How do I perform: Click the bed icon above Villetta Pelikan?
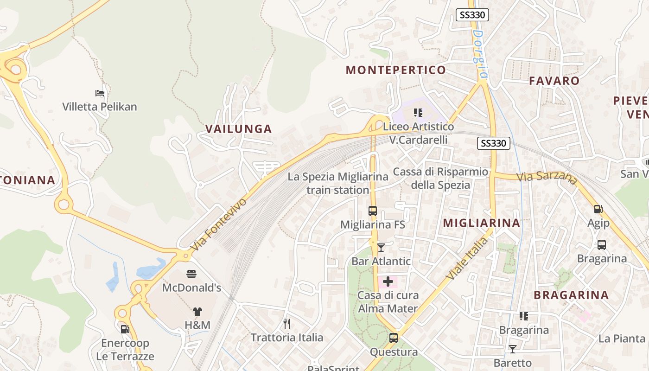click(x=100, y=93)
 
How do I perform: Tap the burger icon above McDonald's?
click(x=191, y=274)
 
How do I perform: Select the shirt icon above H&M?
click(x=197, y=312)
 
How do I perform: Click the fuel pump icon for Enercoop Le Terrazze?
click(x=125, y=329)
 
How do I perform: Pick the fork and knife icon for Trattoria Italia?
click(x=287, y=323)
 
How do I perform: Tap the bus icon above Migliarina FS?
click(x=373, y=211)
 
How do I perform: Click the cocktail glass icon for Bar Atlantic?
click(x=381, y=248)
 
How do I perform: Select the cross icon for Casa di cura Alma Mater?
click(x=388, y=281)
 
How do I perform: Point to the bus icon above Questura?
click(x=394, y=338)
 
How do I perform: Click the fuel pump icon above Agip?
click(x=598, y=210)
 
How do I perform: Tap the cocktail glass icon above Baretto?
click(x=512, y=349)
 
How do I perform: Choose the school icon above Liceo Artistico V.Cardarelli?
click(x=418, y=113)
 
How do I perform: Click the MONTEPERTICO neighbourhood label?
click(x=396, y=70)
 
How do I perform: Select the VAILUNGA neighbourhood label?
click(x=238, y=129)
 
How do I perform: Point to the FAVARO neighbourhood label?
click(x=554, y=81)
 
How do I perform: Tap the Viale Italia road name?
click(x=468, y=258)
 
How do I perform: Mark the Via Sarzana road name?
click(x=547, y=177)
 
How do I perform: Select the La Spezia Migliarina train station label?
click(x=338, y=183)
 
